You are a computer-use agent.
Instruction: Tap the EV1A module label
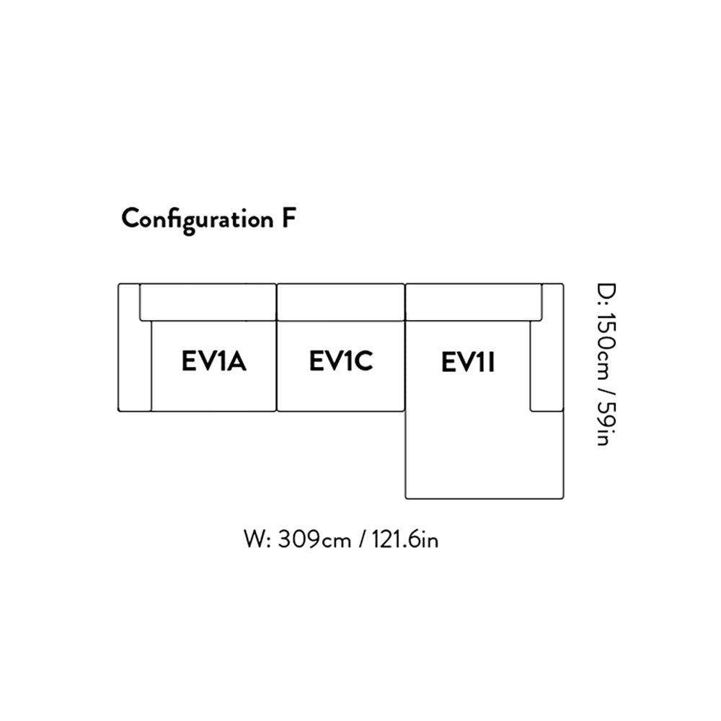pos(213,361)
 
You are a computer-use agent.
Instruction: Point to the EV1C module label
pos(340,361)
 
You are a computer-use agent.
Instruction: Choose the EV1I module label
pos(467,363)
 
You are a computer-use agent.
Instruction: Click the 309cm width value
pos(310,539)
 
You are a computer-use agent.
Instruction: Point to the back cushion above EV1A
pos(208,302)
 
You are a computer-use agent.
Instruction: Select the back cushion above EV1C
pos(340,302)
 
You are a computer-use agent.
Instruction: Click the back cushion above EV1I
pos(474,301)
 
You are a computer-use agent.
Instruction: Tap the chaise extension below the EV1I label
pos(483,451)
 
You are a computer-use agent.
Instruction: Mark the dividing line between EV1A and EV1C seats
pos(277,366)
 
